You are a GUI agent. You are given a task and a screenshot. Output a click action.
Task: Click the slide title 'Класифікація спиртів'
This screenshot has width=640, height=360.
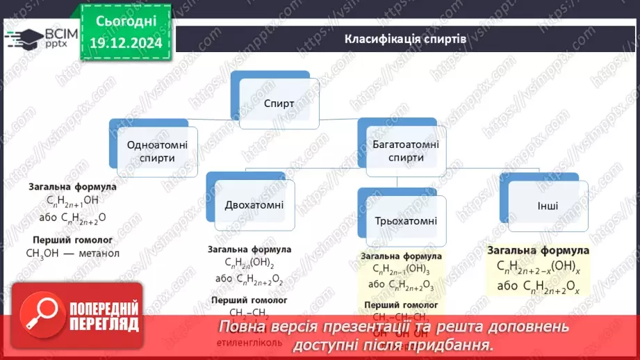(x=406, y=38)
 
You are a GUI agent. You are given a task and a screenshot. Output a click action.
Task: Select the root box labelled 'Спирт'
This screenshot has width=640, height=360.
(x=279, y=104)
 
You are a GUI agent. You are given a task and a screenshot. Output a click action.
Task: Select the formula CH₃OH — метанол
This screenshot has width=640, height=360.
(x=73, y=253)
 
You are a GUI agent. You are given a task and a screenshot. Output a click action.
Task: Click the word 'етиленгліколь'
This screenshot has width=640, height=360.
(x=245, y=343)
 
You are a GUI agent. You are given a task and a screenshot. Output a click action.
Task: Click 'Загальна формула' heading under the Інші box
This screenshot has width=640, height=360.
(x=538, y=250)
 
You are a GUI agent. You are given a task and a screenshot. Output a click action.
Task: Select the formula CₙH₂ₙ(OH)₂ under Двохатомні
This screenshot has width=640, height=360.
(x=249, y=263)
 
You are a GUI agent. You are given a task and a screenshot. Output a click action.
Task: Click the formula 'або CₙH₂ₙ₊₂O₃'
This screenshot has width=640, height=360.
(x=402, y=286)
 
